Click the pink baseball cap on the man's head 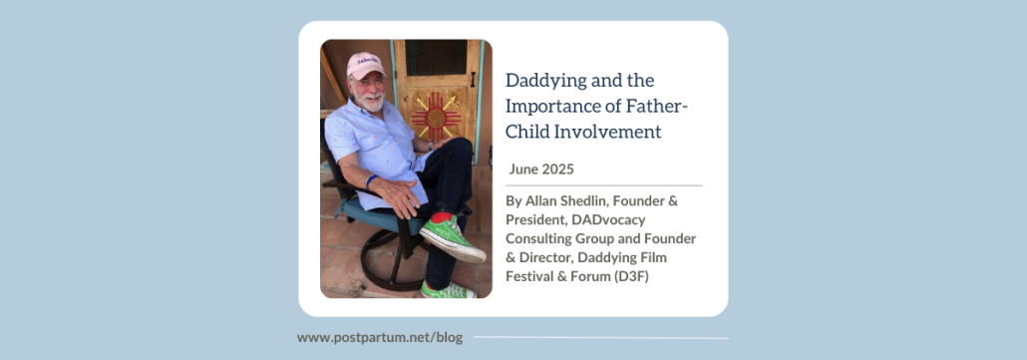tap(365, 65)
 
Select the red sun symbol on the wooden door tap(436, 118)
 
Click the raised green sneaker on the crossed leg tap(453, 238)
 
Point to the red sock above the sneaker tap(441, 216)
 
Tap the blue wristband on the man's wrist tap(371, 181)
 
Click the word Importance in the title tap(565, 106)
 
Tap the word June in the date tap(523, 169)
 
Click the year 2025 tap(557, 169)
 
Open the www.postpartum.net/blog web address tap(380, 338)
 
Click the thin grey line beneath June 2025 tap(603, 185)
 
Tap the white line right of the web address tap(600, 338)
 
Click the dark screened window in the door tap(435, 57)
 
